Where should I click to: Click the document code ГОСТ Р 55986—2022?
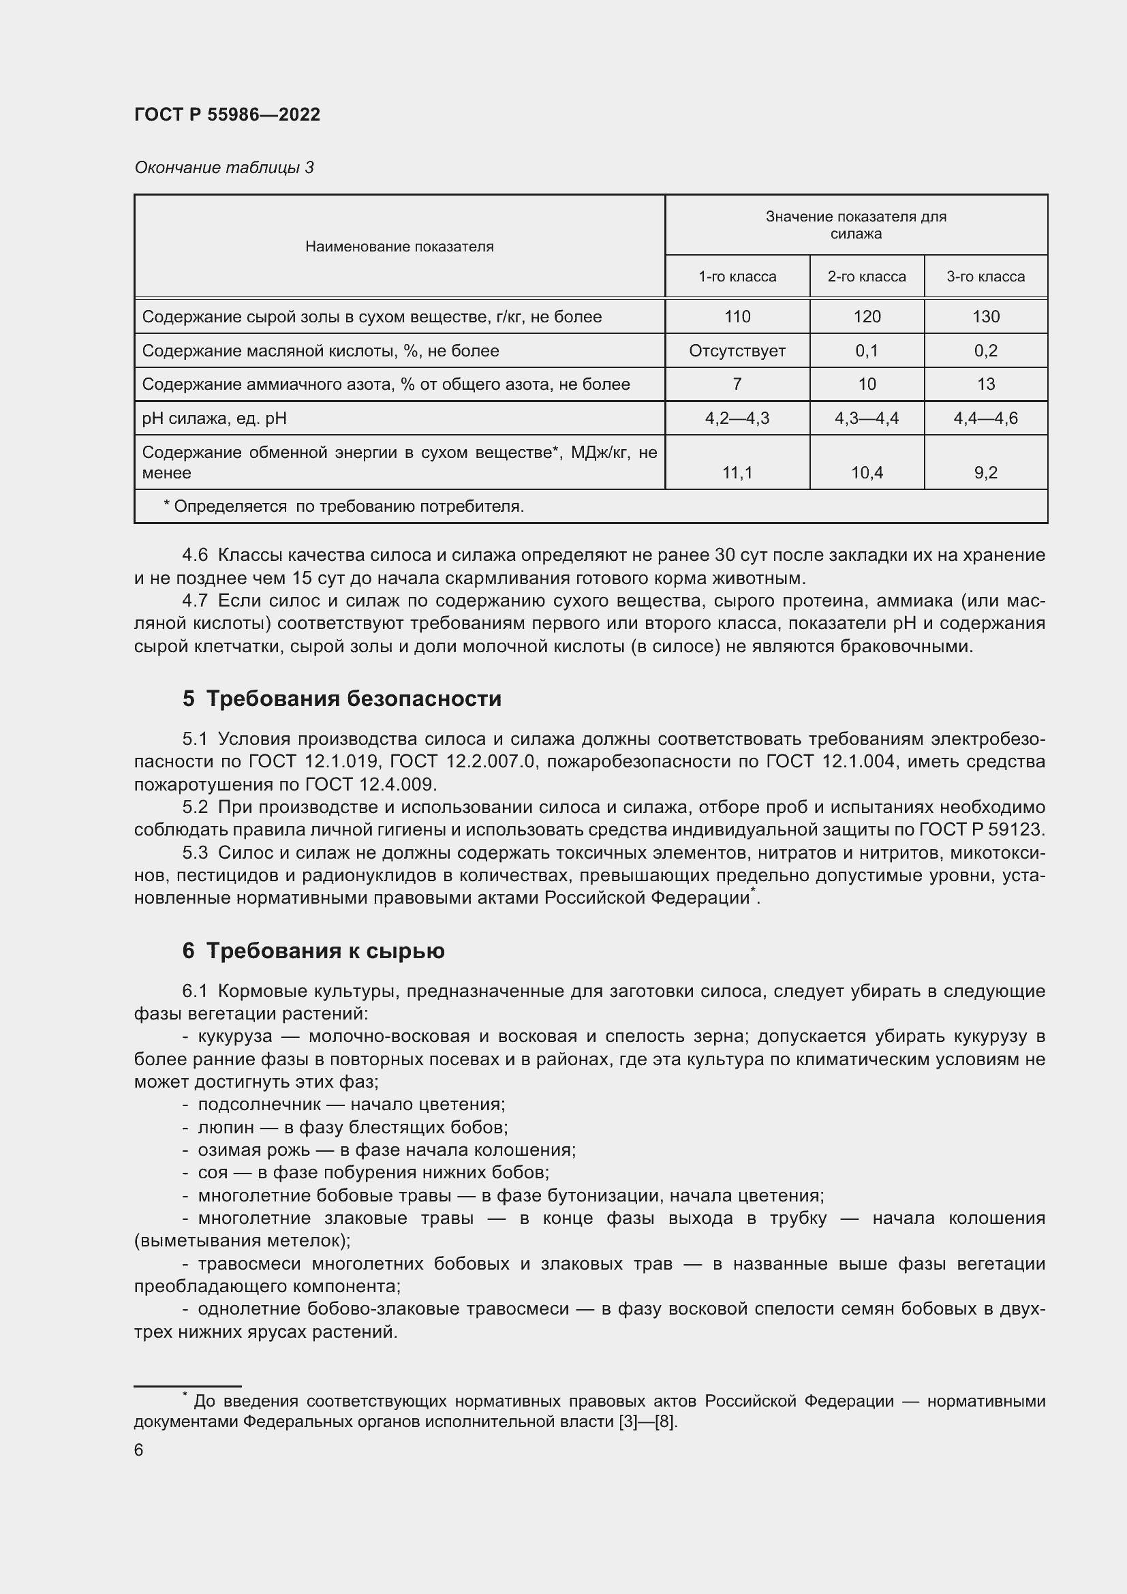pyautogui.click(x=227, y=114)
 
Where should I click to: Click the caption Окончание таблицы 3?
pyautogui.click(x=223, y=168)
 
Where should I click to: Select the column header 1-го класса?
pyautogui.click(x=737, y=276)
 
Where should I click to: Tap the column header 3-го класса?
pyautogui.click(x=985, y=276)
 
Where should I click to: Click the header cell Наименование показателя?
pyautogui.click(x=399, y=247)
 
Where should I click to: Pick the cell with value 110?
pyautogui.click(x=737, y=317)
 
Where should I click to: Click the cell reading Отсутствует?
pyautogui.click(x=737, y=350)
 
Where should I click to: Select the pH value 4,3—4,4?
pyautogui.click(x=866, y=418)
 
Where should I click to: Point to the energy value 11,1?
pyautogui.click(x=737, y=473)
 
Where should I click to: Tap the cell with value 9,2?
pyautogui.click(x=985, y=473)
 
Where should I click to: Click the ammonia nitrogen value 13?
pyautogui.click(x=985, y=384)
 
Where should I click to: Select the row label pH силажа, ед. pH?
pyautogui.click(x=214, y=418)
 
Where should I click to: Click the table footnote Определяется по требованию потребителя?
pyautogui.click(x=343, y=506)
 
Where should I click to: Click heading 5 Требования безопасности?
pyautogui.click(x=341, y=699)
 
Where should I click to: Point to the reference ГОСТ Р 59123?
pyautogui.click(x=981, y=829)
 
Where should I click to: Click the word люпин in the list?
pyautogui.click(x=226, y=1127)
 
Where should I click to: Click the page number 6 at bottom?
pyautogui.click(x=139, y=1450)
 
